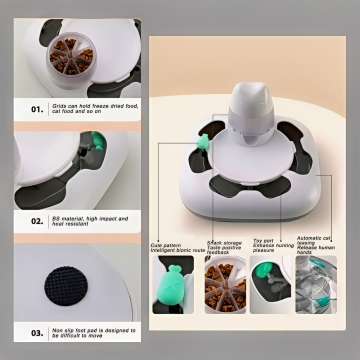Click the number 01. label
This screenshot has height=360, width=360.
coord(37,108)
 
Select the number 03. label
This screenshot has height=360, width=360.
coord(37,332)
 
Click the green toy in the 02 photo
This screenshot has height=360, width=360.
coord(98,154)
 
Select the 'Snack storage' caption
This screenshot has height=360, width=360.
coord(222,246)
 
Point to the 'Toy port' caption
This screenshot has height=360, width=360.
coord(269,246)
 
